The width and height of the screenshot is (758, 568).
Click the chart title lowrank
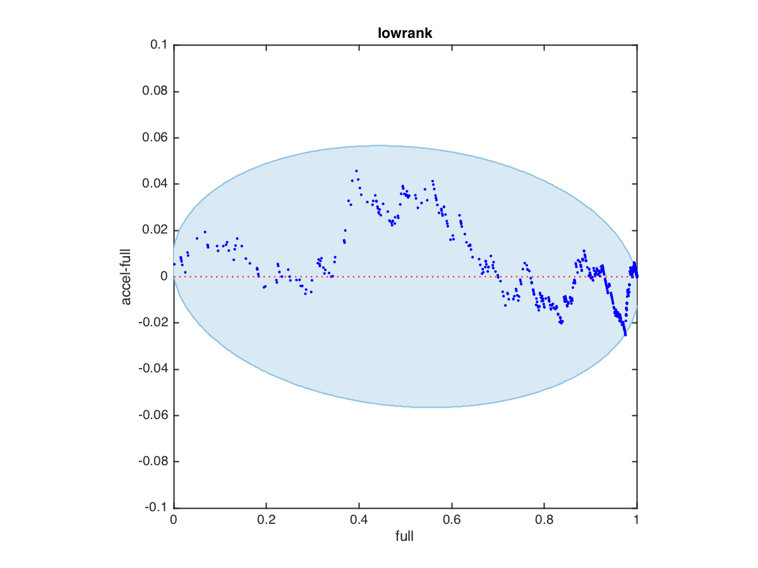click(405, 34)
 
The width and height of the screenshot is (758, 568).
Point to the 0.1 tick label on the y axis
click(158, 45)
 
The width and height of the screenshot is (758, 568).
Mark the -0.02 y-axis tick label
click(152, 323)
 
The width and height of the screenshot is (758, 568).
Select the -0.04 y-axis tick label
click(152, 369)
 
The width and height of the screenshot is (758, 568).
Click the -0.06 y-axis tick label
click(152, 415)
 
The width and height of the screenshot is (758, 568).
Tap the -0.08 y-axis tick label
click(152, 462)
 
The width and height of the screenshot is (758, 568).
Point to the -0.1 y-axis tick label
click(155, 508)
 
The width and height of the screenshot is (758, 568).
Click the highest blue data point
click(356, 171)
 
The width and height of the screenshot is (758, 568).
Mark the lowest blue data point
click(625, 334)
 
